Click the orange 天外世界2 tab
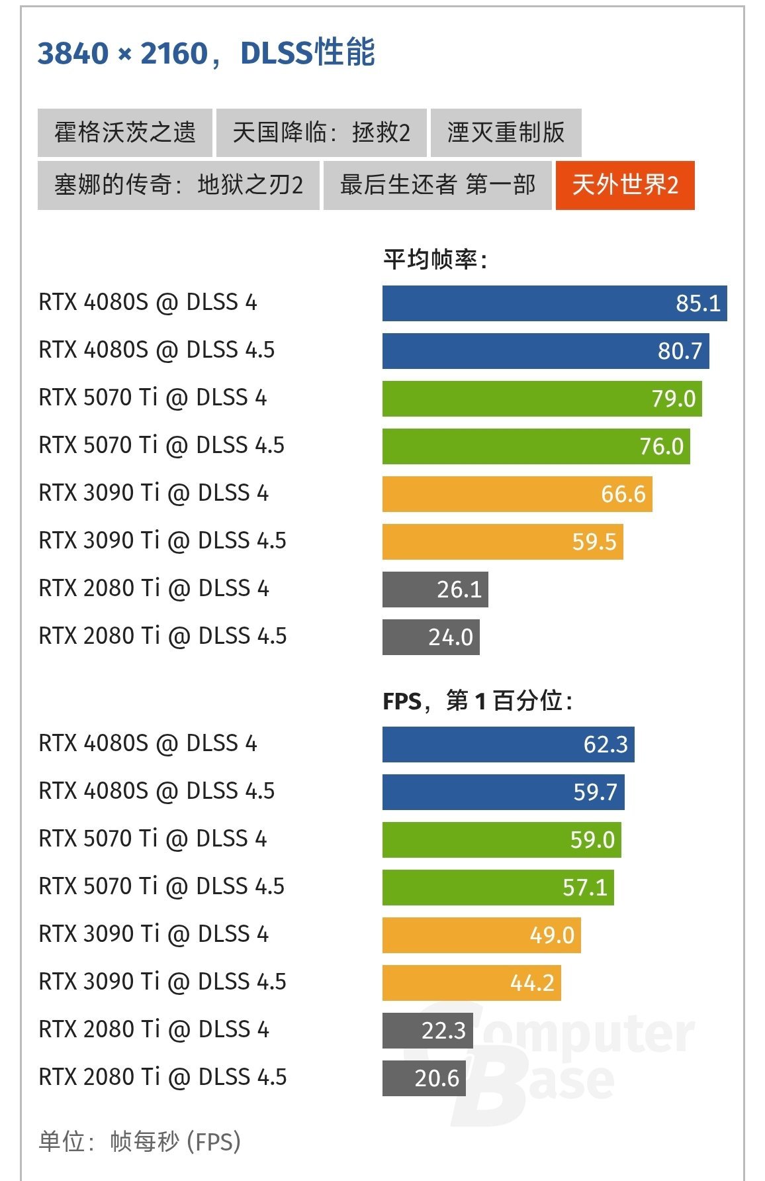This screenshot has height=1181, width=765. click(x=625, y=185)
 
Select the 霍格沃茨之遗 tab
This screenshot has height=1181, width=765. click(x=124, y=132)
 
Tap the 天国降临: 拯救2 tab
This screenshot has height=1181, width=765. click(x=321, y=132)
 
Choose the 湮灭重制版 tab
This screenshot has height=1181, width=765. click(x=506, y=132)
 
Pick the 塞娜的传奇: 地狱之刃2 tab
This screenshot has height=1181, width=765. click(x=178, y=185)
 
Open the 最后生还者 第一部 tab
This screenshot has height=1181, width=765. click(x=437, y=185)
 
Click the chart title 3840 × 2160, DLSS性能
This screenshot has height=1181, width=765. click(x=206, y=53)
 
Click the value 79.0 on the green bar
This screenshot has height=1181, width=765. click(x=673, y=399)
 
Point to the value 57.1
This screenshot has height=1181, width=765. click(x=584, y=888)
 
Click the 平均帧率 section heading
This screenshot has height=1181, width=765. click(x=435, y=260)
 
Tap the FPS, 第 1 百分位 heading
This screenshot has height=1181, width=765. click(x=477, y=701)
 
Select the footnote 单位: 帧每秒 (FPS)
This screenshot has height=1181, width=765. click(x=140, y=1141)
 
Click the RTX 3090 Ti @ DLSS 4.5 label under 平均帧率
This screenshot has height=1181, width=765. click(x=162, y=541)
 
